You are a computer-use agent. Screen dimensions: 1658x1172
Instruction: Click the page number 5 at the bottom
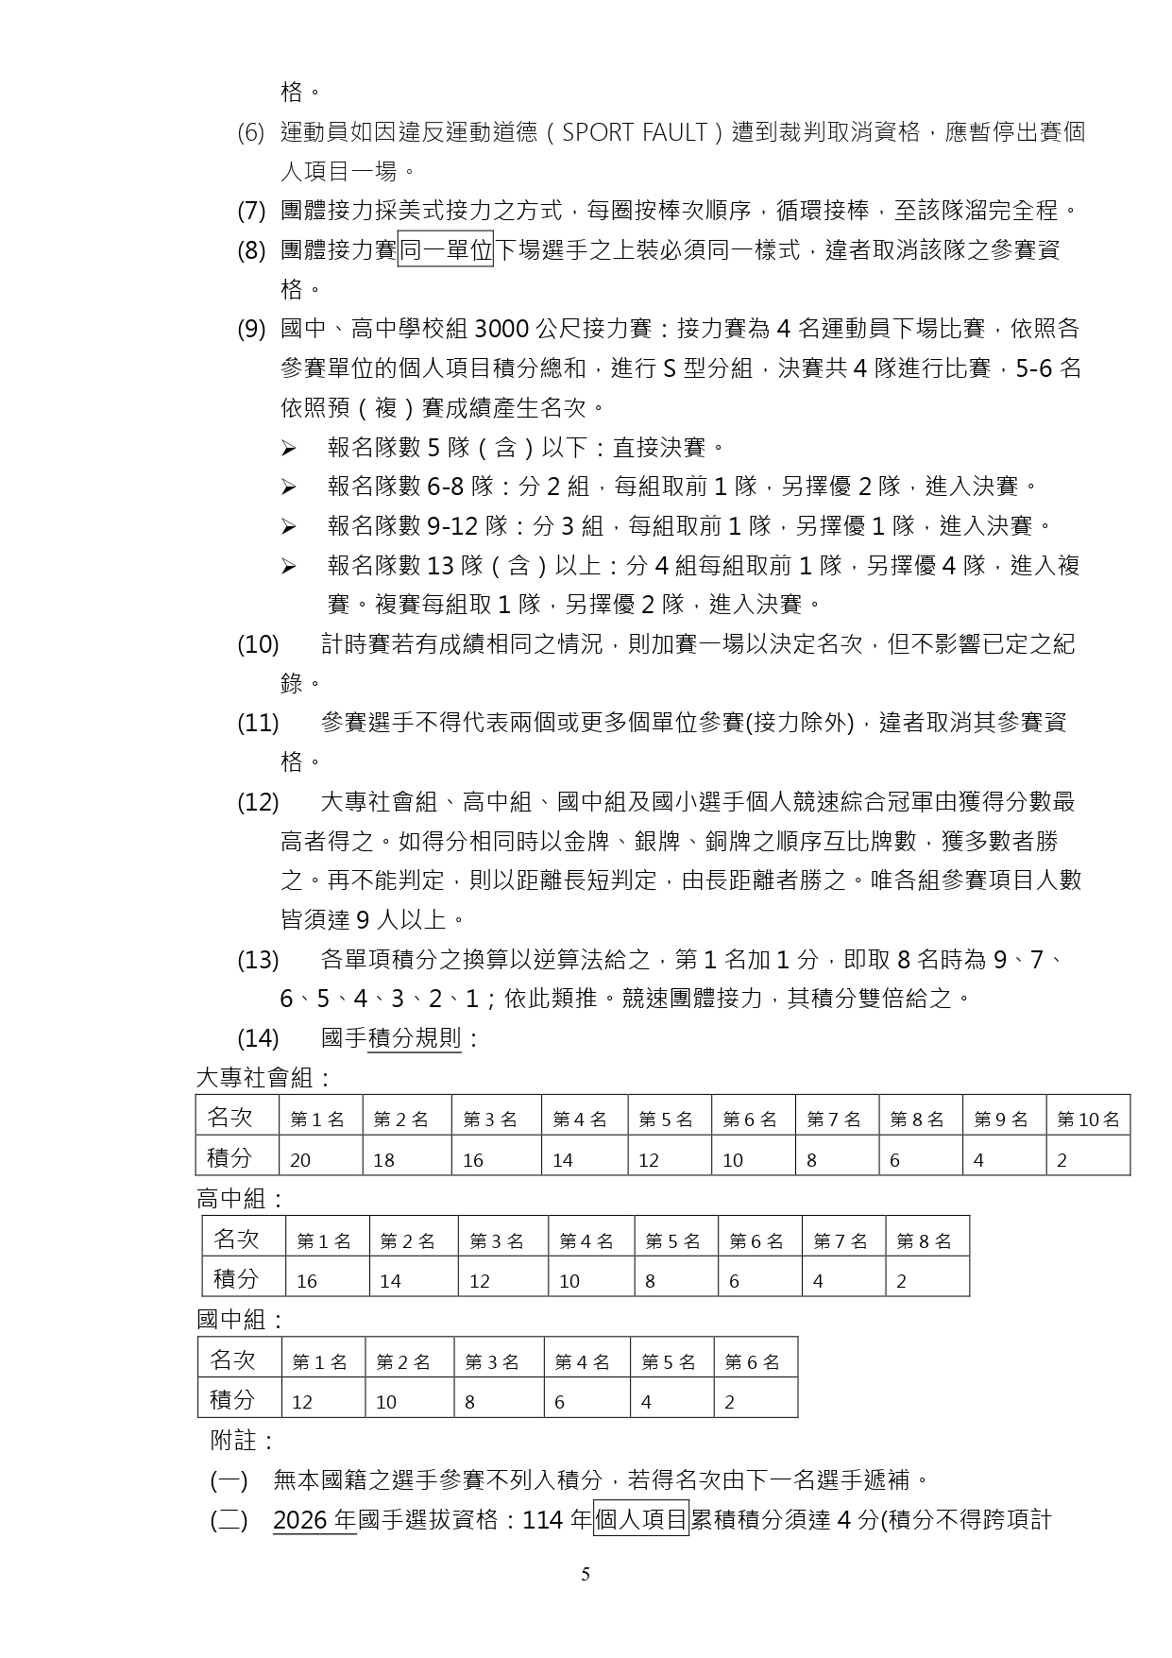tap(586, 1574)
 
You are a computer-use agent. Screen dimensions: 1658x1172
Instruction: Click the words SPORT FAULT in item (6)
tap(634, 132)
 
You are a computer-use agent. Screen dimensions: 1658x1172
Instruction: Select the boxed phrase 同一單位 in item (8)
tap(446, 250)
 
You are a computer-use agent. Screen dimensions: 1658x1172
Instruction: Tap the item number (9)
tap(251, 329)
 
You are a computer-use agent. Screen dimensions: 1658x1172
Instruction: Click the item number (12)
tap(258, 802)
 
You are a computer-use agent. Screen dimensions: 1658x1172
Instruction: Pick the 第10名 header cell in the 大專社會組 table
tap(1088, 1120)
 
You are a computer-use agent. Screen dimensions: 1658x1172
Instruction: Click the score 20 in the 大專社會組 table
tap(300, 1160)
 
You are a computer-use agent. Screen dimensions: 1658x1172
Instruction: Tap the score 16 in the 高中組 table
tap(307, 1281)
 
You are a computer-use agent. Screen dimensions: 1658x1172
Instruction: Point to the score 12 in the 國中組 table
tap(302, 1402)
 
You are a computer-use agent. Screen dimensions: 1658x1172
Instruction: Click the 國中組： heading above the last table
tap(240, 1320)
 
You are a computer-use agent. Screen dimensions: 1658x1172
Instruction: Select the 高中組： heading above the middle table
tap(240, 1200)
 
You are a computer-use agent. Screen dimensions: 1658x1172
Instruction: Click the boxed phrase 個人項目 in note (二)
tap(641, 1519)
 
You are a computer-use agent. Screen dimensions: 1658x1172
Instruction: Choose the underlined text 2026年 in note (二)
tap(314, 1520)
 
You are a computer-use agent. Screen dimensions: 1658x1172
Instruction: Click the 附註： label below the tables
tap(242, 1441)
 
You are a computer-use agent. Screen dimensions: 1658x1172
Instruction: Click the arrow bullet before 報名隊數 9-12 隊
tap(288, 526)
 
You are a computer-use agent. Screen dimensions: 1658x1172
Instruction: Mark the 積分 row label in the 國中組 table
tap(232, 1399)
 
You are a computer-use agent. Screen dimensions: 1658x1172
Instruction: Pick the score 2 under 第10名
tap(1062, 1160)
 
